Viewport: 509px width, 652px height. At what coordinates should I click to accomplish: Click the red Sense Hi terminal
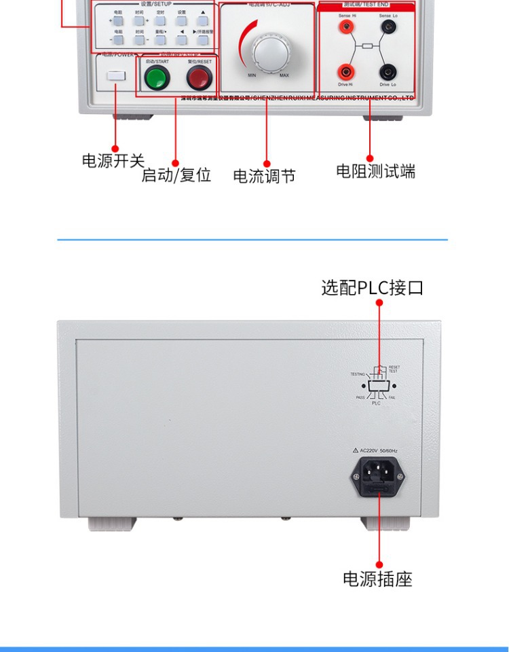(x=346, y=27)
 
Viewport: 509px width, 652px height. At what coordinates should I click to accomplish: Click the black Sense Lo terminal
(x=388, y=27)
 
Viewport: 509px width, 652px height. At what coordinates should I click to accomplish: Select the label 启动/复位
(x=176, y=175)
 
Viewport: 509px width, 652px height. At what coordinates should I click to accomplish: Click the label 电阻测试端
(x=376, y=171)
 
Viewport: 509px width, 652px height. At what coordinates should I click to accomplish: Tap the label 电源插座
(x=377, y=579)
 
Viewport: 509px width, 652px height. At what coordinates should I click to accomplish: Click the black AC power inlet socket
(x=377, y=473)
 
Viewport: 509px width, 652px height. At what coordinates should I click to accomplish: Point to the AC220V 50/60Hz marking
(x=382, y=450)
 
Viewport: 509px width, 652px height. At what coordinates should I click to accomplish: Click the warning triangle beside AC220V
(x=356, y=450)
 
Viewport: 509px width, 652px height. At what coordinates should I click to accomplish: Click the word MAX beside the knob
(x=284, y=75)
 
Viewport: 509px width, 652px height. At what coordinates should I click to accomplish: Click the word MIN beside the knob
(x=252, y=75)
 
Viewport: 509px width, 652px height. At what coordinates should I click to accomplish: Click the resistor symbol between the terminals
(x=367, y=46)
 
